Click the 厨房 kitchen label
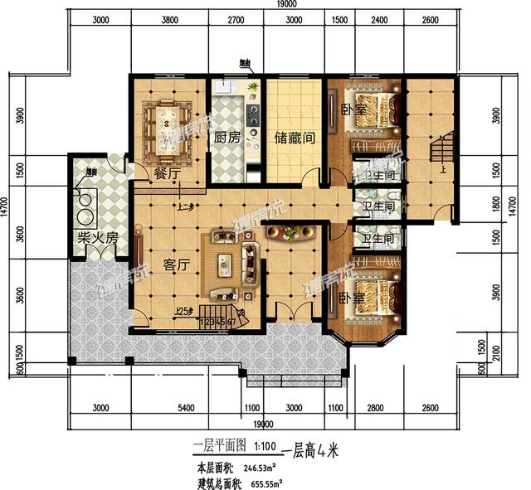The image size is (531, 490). tap(227, 138)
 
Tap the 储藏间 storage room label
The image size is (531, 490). tap(294, 138)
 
